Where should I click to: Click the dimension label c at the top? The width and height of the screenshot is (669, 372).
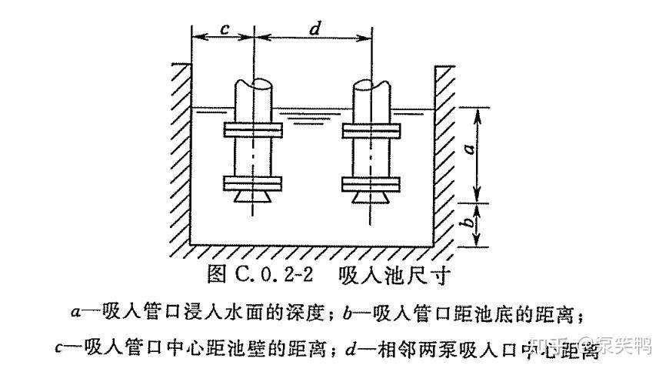223,28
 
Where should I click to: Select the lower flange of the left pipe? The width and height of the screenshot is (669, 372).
255,183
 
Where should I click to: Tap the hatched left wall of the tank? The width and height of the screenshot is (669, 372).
179,154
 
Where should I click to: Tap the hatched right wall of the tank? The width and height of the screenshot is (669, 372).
446,154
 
